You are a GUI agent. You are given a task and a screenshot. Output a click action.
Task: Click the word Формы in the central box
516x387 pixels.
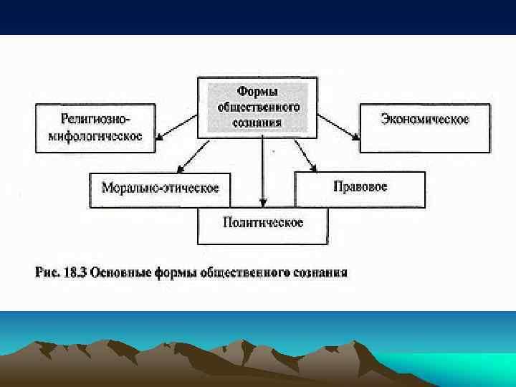click(x=257, y=92)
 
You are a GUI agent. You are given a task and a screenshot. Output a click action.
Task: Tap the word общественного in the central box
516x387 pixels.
click(x=257, y=106)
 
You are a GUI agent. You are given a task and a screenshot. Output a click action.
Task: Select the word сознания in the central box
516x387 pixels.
click(x=257, y=121)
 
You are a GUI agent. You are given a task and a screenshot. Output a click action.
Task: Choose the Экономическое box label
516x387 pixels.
click(x=425, y=119)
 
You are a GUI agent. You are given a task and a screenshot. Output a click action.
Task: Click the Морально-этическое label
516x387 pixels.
click(x=160, y=188)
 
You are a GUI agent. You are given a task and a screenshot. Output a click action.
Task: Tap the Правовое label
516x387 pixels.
click(x=360, y=186)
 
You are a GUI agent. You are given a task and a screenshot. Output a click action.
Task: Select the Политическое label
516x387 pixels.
click(x=263, y=222)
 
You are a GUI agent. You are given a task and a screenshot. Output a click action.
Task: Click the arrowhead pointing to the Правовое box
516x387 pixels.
click(x=313, y=168)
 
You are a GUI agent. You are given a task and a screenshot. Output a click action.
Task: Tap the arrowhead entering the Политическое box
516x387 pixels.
click(x=263, y=204)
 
